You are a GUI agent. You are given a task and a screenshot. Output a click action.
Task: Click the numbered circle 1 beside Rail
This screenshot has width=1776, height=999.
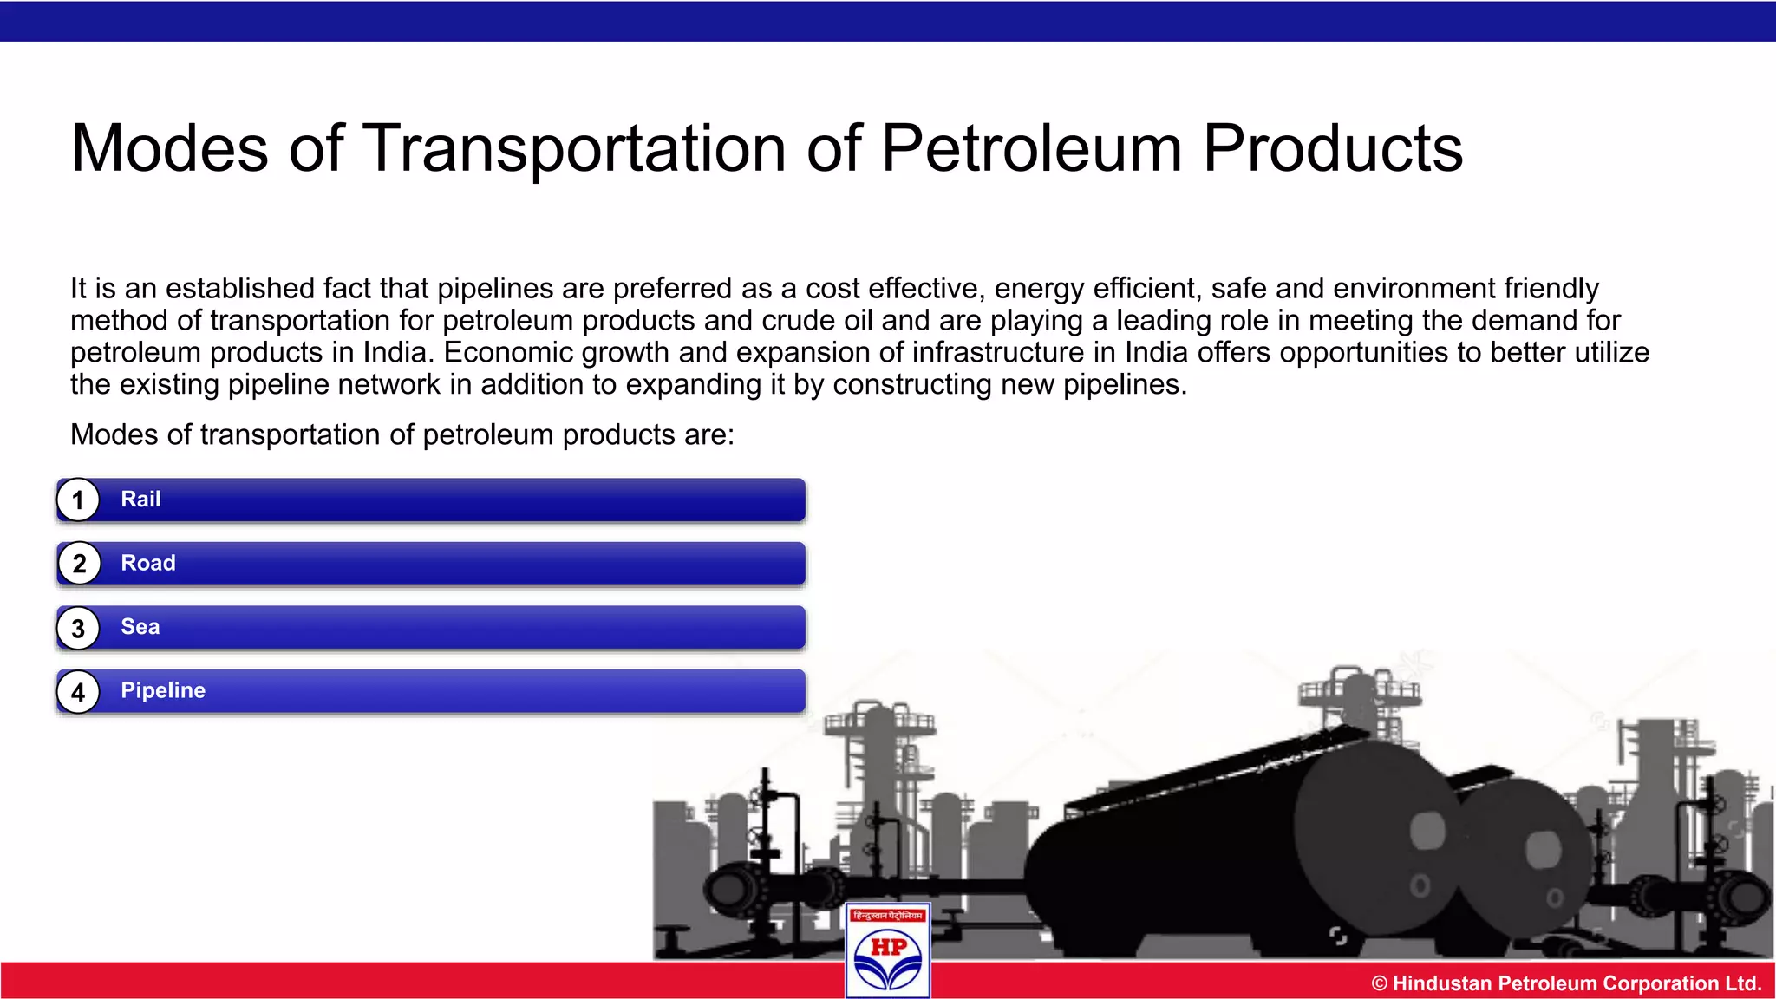pyautogui.click(x=78, y=500)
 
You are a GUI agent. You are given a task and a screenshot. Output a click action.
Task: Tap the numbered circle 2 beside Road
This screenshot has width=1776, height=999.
pyautogui.click(x=79, y=564)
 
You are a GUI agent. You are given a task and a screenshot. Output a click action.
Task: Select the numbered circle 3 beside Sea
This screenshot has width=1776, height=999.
pyautogui.click(x=78, y=628)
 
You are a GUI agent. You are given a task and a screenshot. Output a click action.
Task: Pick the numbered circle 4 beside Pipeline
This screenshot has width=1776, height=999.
pyautogui.click(x=78, y=692)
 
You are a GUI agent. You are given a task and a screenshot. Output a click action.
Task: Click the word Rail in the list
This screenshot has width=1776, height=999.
pyautogui.click(x=140, y=499)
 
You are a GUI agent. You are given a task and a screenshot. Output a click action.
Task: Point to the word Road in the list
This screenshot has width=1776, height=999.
pyautogui.click(x=148, y=563)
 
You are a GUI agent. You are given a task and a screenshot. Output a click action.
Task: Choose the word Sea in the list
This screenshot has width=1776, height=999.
pyautogui.click(x=140, y=627)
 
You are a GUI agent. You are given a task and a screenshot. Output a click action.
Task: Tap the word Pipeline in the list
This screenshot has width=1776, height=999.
pyautogui.click(x=163, y=690)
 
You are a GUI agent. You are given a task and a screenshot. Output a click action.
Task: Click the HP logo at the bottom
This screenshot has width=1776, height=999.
pyautogui.click(x=888, y=959)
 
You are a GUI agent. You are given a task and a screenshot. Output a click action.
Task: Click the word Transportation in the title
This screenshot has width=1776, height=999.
pyautogui.click(x=573, y=148)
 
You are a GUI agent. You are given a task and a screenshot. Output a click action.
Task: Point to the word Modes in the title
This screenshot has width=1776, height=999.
pyautogui.click(x=170, y=148)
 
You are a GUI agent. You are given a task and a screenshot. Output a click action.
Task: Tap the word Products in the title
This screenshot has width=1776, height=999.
pyautogui.click(x=1333, y=148)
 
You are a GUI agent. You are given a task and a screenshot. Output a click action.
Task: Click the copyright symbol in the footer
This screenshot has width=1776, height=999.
pyautogui.click(x=1379, y=983)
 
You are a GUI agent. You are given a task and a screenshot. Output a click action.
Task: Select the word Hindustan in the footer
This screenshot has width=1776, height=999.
pyautogui.click(x=1442, y=983)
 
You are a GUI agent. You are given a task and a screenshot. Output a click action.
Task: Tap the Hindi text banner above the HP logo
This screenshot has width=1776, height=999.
pyautogui.click(x=888, y=916)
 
